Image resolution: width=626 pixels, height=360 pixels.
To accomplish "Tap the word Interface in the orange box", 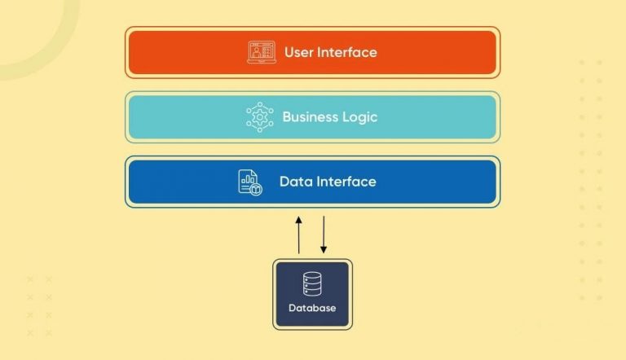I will [x=346, y=52].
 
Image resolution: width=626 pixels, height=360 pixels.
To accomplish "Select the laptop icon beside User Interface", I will [x=261, y=52].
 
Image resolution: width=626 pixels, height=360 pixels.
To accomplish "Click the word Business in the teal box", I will [x=308, y=116].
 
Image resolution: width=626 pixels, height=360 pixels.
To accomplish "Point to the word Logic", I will [x=359, y=116].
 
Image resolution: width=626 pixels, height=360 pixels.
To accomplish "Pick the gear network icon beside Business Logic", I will [x=260, y=116].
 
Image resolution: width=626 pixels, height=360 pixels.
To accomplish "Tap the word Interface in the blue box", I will [x=346, y=181].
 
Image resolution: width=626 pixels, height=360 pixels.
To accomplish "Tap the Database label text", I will [x=312, y=309].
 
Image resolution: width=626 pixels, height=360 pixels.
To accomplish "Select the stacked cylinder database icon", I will [x=312, y=283].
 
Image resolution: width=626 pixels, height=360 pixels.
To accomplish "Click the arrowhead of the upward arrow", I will [x=299, y=219].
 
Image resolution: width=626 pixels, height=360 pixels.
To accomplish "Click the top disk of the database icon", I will [x=312, y=276].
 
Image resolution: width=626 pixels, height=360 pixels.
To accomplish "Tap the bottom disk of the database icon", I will [x=312, y=292].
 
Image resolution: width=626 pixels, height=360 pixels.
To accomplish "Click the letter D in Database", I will [x=293, y=309].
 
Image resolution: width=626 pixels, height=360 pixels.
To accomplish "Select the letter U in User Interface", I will [x=289, y=52].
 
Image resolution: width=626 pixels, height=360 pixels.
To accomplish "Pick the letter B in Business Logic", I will [x=286, y=116].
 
